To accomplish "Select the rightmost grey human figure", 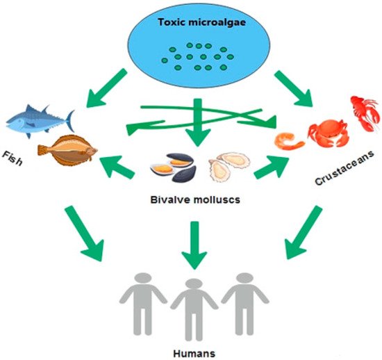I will [x=244, y=302].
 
